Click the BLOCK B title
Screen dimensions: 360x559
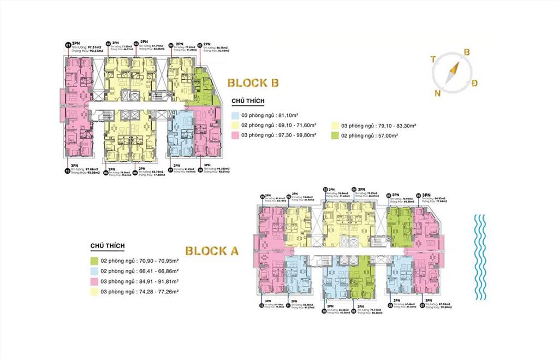tap(253, 83)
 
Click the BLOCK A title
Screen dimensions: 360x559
tap(212, 251)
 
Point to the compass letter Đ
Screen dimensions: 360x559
tap(475, 83)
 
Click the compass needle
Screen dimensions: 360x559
tap(453, 73)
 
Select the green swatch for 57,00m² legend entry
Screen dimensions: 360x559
tap(334, 135)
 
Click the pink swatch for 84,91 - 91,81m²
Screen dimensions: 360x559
tap(94, 281)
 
